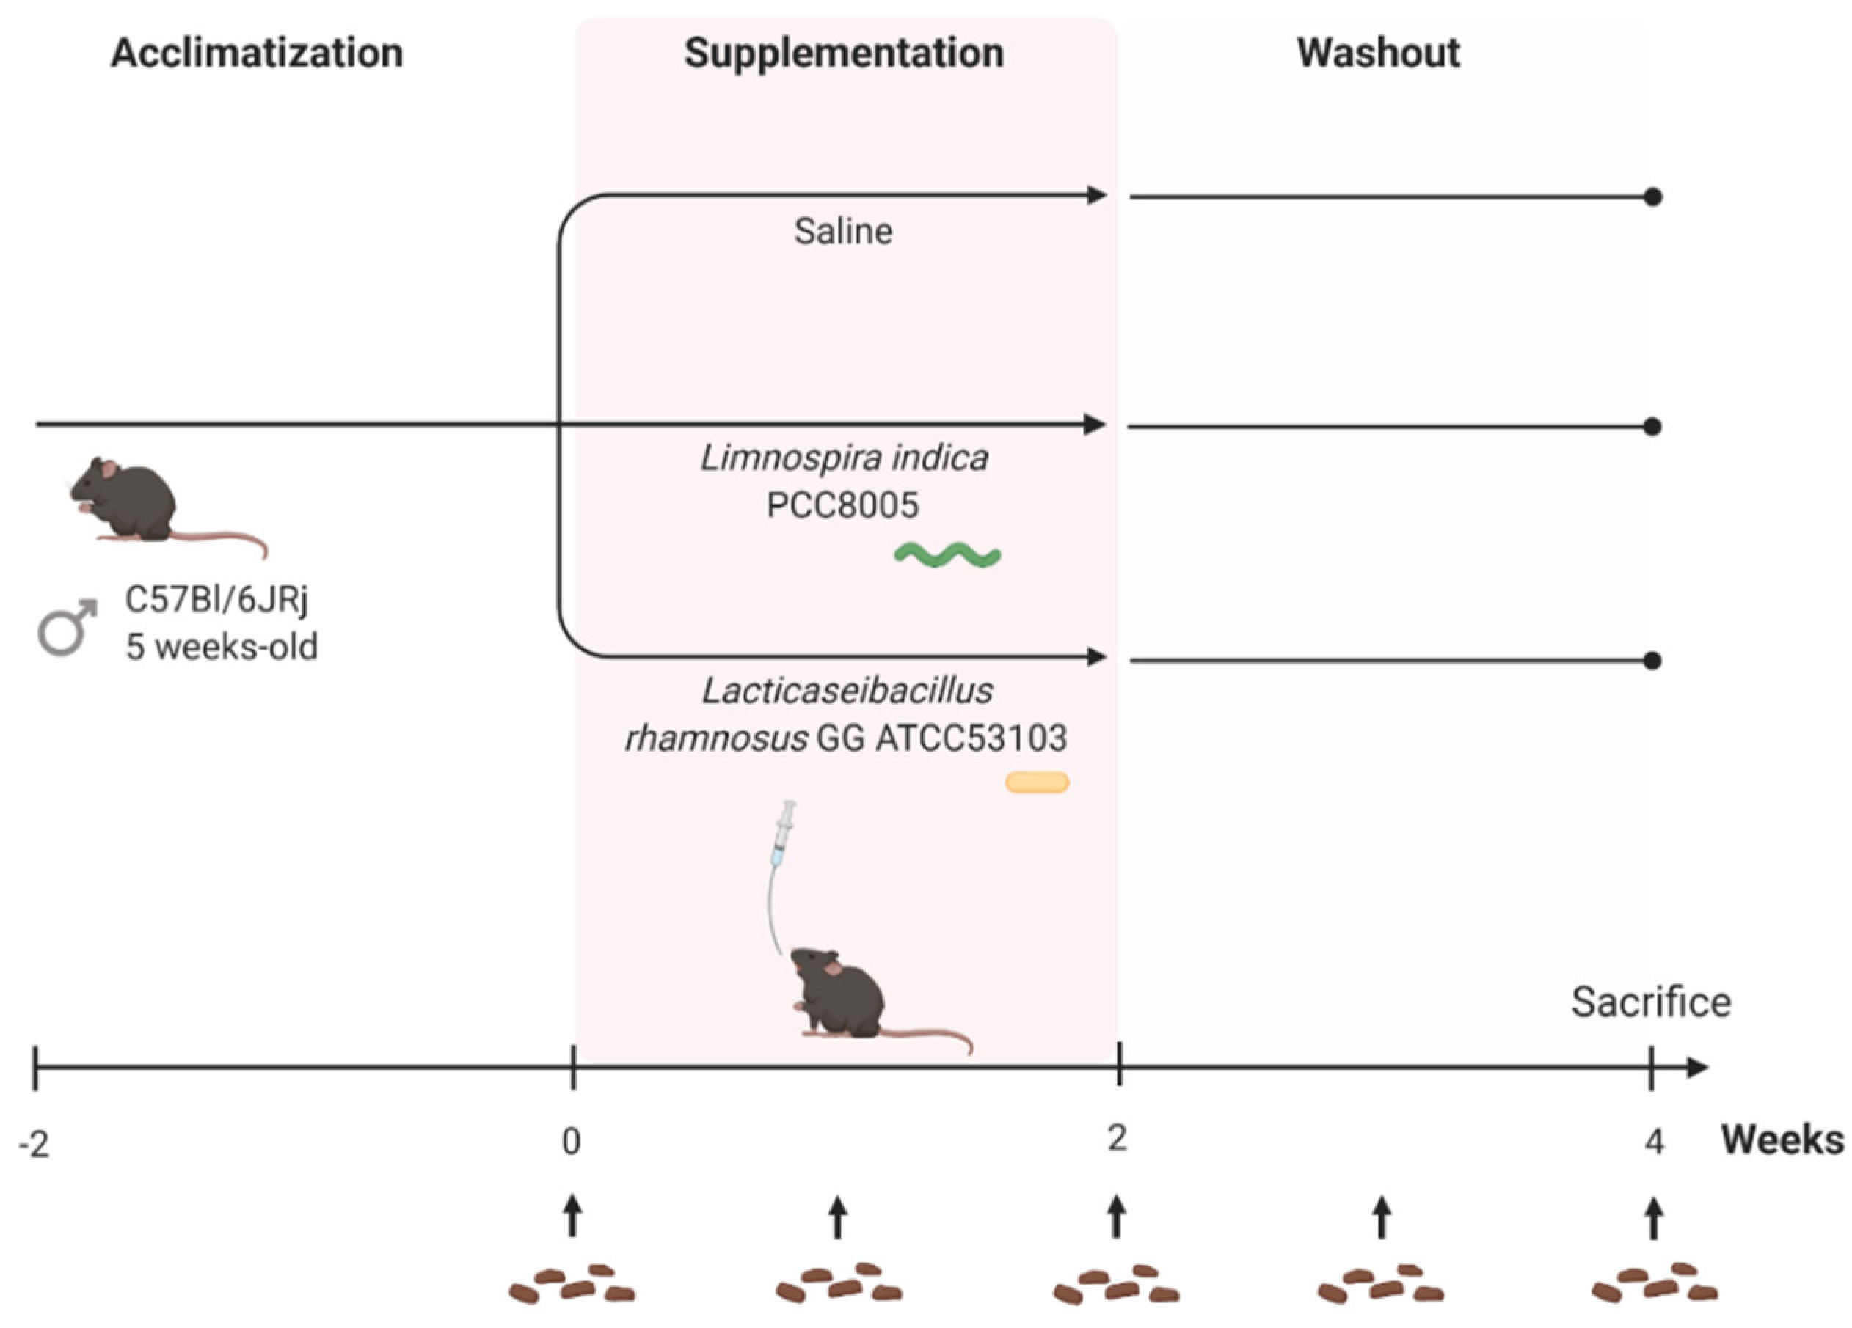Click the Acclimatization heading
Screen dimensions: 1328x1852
[256, 53]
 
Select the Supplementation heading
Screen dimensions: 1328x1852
[844, 53]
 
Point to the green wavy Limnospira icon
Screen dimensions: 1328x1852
[947, 556]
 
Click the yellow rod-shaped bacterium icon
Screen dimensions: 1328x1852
[1036, 782]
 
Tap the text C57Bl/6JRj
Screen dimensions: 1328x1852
[216, 600]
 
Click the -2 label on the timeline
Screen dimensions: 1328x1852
[34, 1145]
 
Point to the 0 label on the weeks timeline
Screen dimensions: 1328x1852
[571, 1141]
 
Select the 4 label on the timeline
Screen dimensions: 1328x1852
[1654, 1141]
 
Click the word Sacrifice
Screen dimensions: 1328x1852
[1650, 1002]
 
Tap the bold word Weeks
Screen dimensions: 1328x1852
[1782, 1140]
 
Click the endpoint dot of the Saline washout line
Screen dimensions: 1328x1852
[1652, 197]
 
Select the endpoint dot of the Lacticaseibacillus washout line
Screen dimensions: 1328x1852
[1652, 660]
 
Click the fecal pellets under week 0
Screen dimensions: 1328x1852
[572, 1285]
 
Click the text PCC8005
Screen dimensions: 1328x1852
[842, 505]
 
